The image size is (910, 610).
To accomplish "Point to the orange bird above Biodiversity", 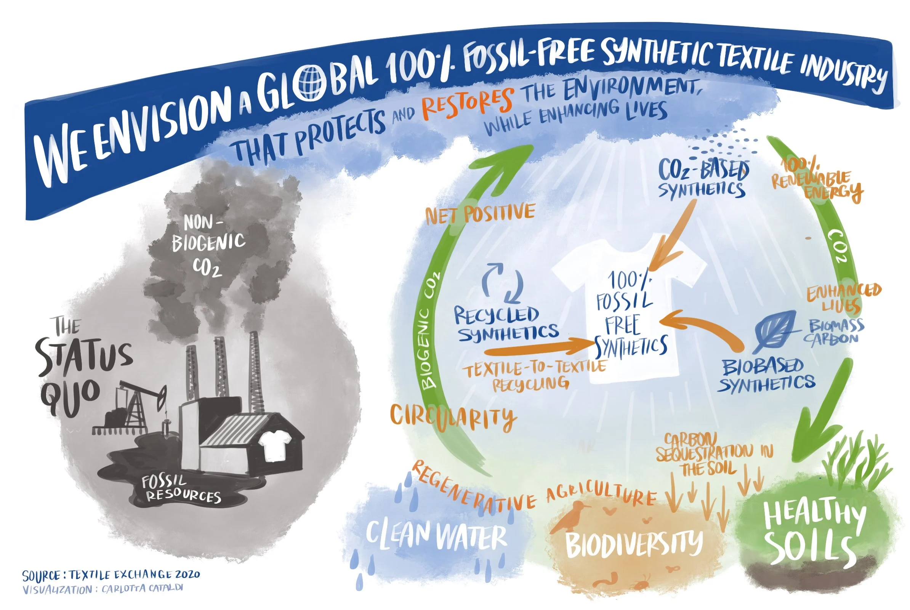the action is pyautogui.click(x=570, y=517).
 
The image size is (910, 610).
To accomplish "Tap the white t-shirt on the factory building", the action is pyautogui.click(x=275, y=444).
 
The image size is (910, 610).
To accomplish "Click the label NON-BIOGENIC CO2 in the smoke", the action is pyautogui.click(x=208, y=245).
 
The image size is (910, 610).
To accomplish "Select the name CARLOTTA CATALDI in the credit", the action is pyautogui.click(x=142, y=588).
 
